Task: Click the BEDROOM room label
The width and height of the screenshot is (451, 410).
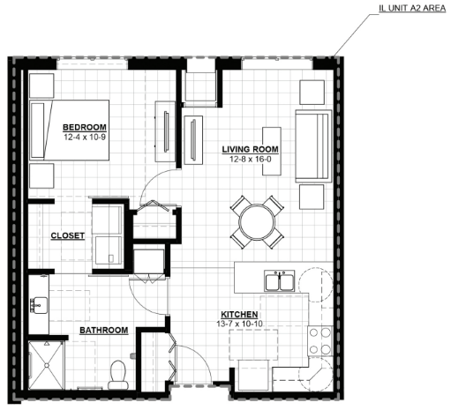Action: (85, 127)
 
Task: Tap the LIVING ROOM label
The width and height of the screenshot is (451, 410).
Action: (250, 149)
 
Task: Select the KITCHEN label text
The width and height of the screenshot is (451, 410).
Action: (239, 315)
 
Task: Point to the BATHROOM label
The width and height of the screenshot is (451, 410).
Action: (104, 330)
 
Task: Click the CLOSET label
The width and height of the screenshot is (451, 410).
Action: (68, 235)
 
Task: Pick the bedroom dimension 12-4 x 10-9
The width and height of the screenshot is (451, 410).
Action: (85, 137)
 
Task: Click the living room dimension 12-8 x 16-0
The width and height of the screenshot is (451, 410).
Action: (251, 160)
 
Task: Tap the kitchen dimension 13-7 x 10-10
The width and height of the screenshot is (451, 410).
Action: (239, 324)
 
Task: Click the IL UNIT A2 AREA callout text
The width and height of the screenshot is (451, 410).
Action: (412, 8)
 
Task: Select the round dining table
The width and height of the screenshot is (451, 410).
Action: (258, 222)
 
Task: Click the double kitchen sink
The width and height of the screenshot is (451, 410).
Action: (279, 281)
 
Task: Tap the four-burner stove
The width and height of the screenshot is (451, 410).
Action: (320, 341)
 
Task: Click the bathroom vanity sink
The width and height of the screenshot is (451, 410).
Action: (39, 305)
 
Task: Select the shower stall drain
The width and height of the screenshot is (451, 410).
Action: (46, 365)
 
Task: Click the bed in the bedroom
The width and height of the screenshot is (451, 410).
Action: (70, 130)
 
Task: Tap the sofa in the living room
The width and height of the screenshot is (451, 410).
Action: (313, 146)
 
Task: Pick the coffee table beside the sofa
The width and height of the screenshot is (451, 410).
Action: (272, 151)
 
